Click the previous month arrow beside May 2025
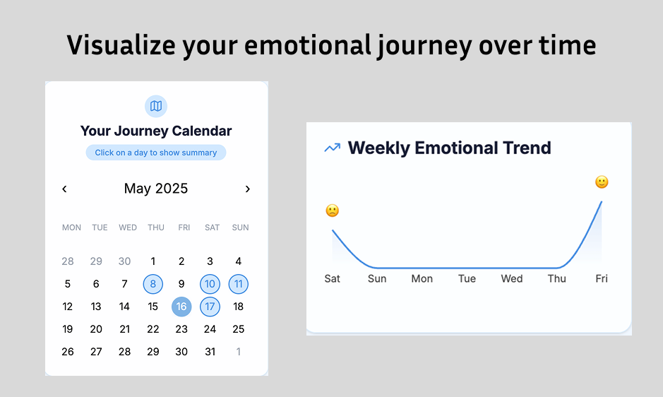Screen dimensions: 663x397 coord(64,189)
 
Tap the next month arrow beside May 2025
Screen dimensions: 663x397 coord(248,189)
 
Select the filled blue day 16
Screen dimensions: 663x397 coord(181,307)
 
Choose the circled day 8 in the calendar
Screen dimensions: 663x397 coord(153,284)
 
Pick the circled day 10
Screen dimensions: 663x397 coord(210,284)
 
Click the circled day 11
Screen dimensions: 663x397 coord(239,284)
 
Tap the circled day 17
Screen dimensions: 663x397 coord(210,307)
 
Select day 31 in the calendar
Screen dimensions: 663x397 coord(210,352)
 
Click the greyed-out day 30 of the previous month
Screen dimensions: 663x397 coord(124,261)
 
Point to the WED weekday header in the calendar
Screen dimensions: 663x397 coord(128,227)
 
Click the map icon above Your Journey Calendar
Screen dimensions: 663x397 coord(156,106)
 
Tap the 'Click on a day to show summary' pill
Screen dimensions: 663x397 coord(156,153)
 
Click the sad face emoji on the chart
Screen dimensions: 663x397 coord(333,211)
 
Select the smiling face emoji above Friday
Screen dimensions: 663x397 coord(602,182)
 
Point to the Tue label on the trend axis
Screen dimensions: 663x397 coord(467,278)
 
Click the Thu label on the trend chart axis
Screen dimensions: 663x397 coord(557,278)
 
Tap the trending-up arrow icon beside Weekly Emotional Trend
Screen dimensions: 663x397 coord(333,148)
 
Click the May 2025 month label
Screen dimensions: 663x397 coord(156,189)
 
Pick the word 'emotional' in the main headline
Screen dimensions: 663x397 coord(307,45)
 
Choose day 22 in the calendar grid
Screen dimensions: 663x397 coord(153,329)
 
